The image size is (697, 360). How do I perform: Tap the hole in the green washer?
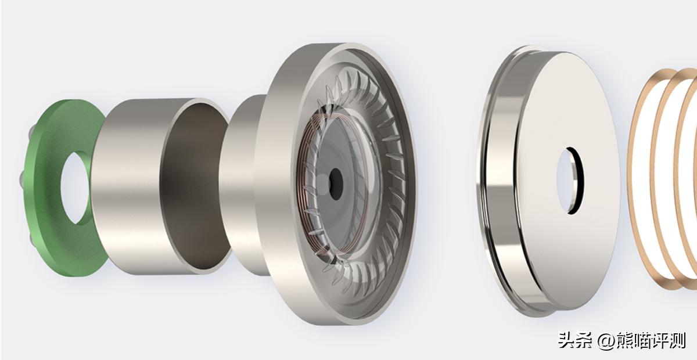tap(76, 188)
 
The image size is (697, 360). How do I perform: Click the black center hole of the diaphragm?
tap(336, 184)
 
